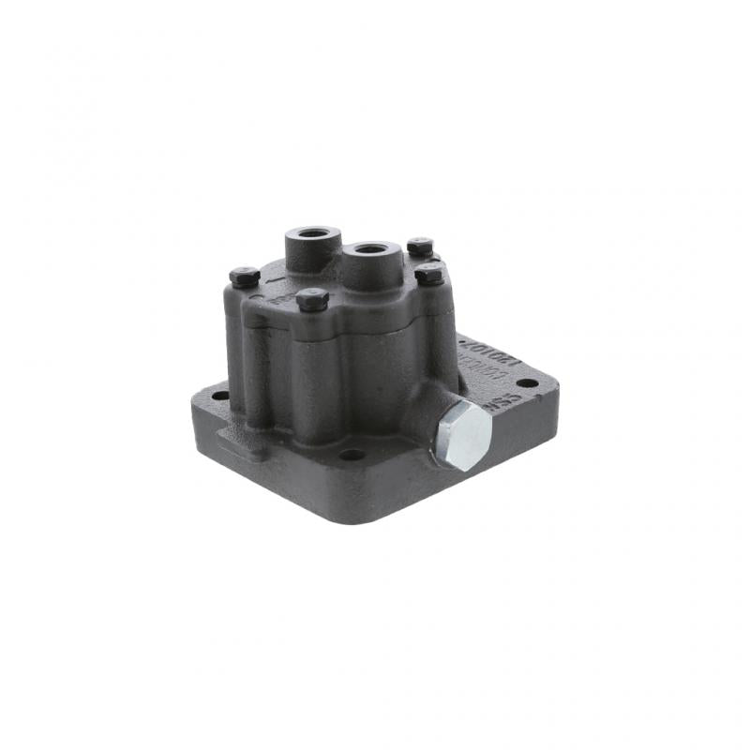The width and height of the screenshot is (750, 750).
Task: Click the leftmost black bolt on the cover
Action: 244,277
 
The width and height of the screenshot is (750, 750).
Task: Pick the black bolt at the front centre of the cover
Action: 311,299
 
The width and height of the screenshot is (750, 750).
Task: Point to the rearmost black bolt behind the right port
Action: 419,246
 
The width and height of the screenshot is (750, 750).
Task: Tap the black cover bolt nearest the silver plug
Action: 429,274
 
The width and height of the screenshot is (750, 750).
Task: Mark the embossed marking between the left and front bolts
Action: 278,298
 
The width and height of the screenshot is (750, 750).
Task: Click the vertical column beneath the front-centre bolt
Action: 315,375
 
